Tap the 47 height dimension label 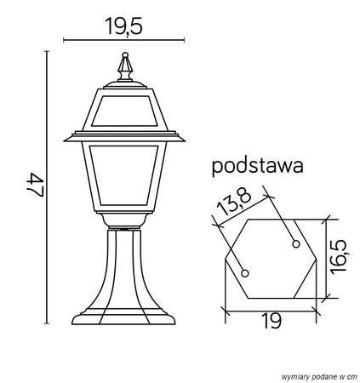point(35,186)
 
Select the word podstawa point(258,166)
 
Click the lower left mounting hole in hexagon point(246,273)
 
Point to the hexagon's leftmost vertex point(225,258)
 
